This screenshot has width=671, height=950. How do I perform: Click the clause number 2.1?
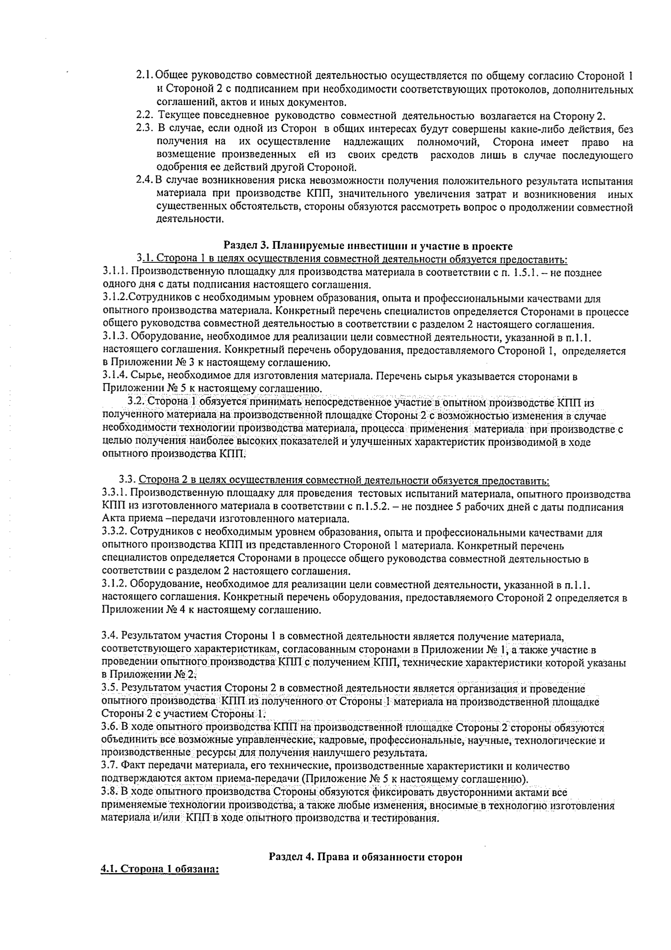145,76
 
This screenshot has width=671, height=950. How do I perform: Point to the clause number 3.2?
135,401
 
